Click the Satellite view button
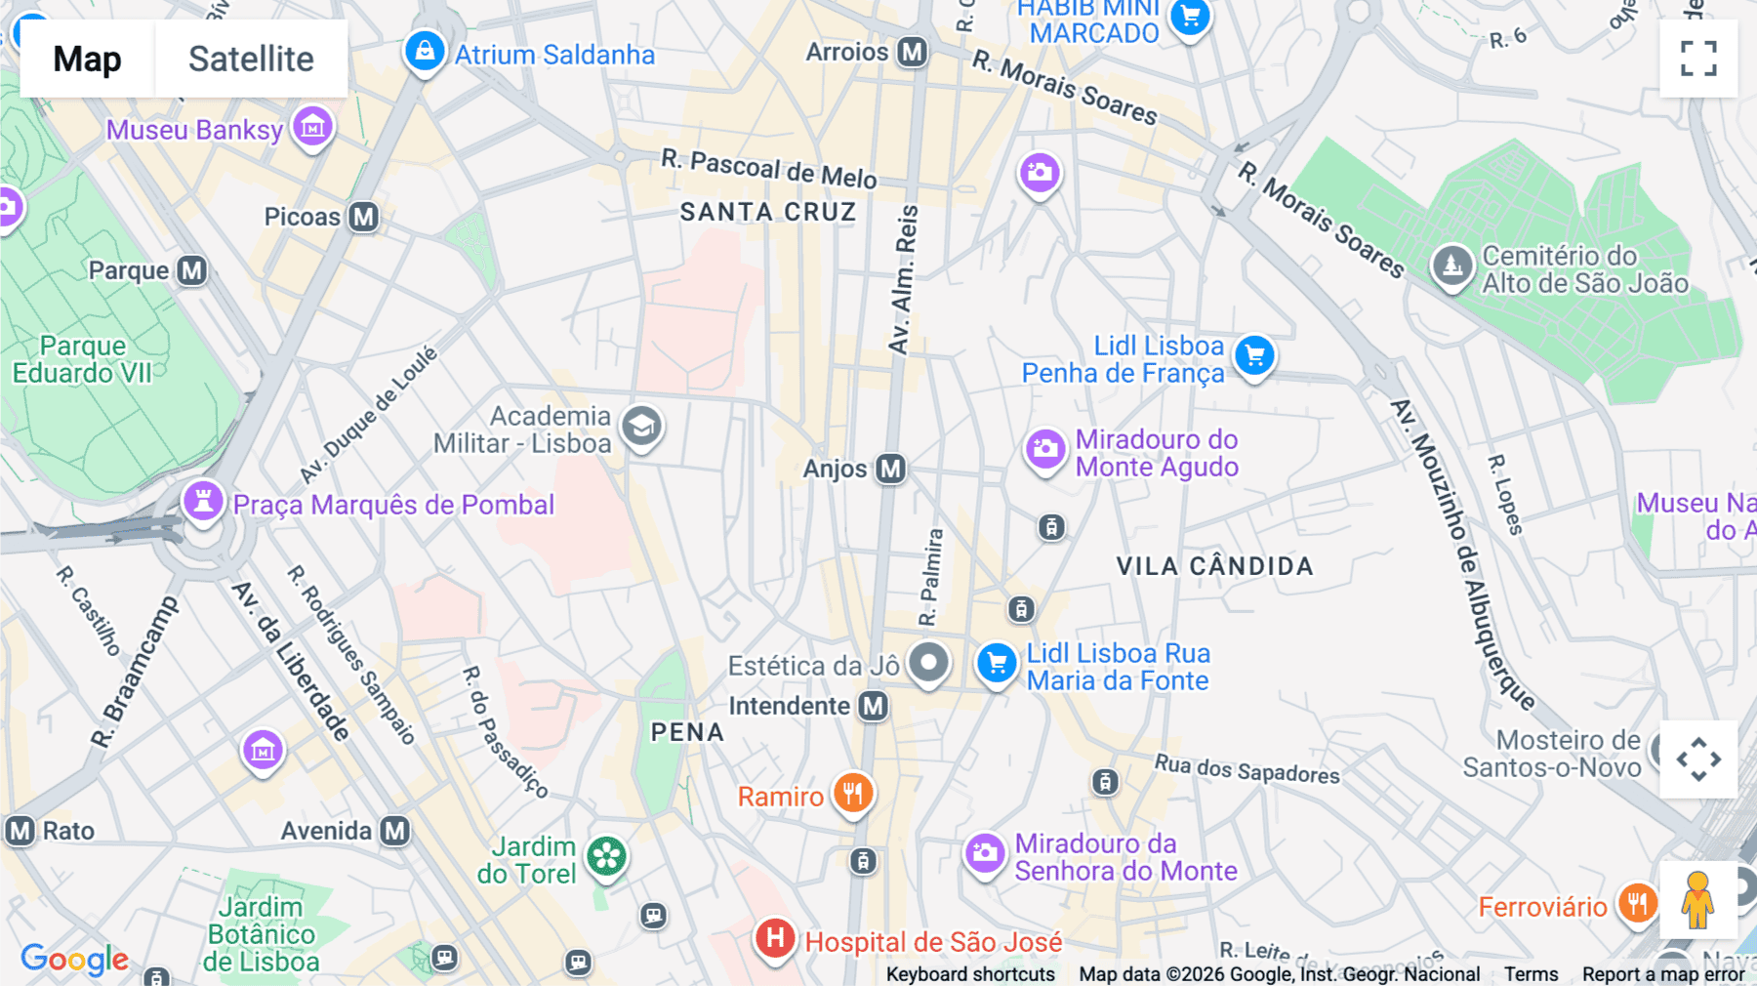tap(251, 59)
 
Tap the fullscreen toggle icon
tap(1698, 59)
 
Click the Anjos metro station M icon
tap(890, 469)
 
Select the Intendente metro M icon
tap(874, 706)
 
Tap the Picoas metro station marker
tap(364, 217)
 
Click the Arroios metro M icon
tap(913, 52)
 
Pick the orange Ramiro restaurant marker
tap(853, 794)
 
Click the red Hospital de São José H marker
tap(775, 939)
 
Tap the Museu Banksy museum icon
tap(312, 127)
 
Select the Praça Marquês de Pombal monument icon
tap(203, 502)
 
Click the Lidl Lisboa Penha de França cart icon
tap(1254, 355)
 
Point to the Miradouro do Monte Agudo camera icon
tap(1045, 450)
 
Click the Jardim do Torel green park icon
tap(606, 857)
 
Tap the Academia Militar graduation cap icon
tap(641, 427)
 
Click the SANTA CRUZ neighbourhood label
tap(768, 212)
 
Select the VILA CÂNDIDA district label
tap(1214, 566)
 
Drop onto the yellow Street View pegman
tap(1697, 900)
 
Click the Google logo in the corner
tap(75, 960)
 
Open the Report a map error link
tap(1663, 974)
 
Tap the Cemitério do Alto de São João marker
tap(1451, 266)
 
